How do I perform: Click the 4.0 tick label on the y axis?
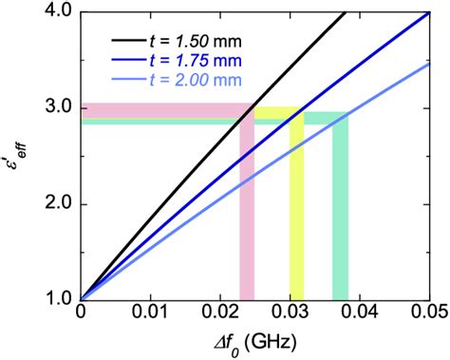[56, 12]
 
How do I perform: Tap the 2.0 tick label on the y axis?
[56, 204]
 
